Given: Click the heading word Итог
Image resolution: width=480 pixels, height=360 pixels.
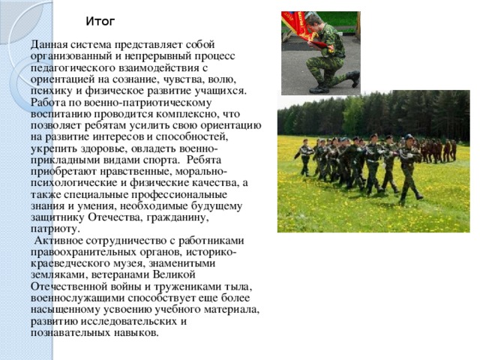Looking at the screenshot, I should [x=100, y=20].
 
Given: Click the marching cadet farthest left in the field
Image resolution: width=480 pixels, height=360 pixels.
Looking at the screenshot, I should [x=304, y=157].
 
